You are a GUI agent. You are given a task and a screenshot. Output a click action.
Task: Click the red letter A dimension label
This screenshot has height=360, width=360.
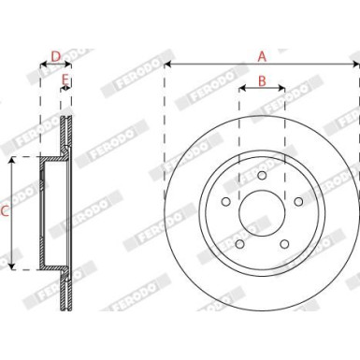point(262,56)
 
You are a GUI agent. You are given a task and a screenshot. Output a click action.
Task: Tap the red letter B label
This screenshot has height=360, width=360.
point(262,81)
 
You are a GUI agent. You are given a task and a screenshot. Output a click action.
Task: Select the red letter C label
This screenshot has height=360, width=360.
point(5,213)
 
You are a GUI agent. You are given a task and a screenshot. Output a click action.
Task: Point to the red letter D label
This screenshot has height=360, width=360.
point(56,56)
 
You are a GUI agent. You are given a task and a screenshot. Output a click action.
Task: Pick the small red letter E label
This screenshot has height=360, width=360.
point(65,81)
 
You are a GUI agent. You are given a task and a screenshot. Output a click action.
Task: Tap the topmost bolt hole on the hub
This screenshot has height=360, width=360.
point(262,178)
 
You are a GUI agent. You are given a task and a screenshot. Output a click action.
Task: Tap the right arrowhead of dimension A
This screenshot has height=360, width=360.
point(357,65)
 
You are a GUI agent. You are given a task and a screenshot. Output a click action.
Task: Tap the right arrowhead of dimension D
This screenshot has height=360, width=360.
point(72,65)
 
